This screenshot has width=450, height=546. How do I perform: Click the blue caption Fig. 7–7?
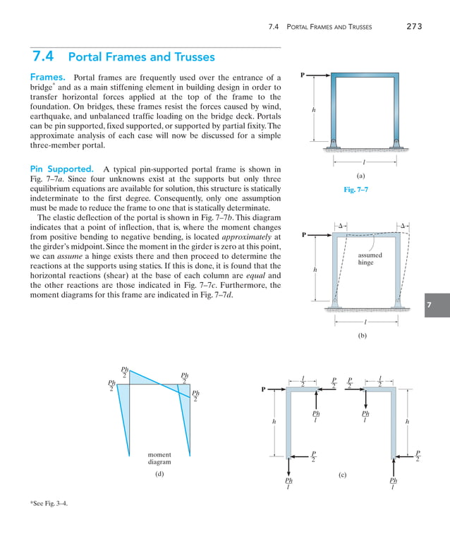pyautogui.click(x=355, y=189)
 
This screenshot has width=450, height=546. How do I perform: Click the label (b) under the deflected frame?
pyautogui.click(x=362, y=336)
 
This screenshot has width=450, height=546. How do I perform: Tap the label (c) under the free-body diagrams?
pyautogui.click(x=342, y=475)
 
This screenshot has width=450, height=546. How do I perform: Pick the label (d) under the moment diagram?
pyautogui.click(x=159, y=474)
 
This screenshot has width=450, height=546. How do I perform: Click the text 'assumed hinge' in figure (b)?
pyautogui.click(x=365, y=259)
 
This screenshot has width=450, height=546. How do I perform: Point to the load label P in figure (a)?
pyautogui.click(x=303, y=74)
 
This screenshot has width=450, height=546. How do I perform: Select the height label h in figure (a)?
pyautogui.click(x=313, y=110)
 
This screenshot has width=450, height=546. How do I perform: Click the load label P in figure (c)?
pyautogui.click(x=263, y=389)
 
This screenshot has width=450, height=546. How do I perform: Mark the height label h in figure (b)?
pyautogui.click(x=315, y=269)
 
